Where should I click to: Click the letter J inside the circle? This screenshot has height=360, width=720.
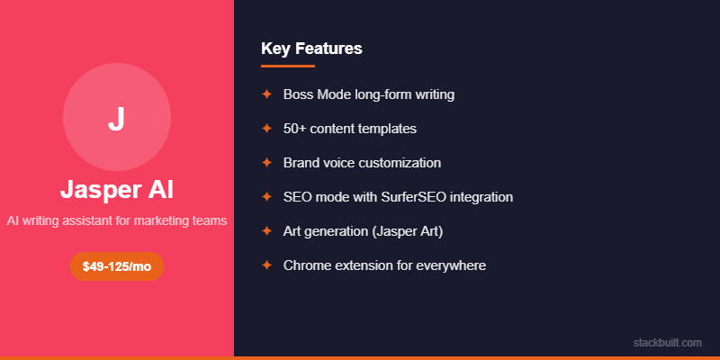116,120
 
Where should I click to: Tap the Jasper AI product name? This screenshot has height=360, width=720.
117,190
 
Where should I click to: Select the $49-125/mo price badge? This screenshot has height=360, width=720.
117,266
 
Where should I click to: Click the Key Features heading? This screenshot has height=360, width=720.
311,49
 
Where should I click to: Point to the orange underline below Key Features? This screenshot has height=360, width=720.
288,66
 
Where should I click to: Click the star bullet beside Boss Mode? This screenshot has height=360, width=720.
266,94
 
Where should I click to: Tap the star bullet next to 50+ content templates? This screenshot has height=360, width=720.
266,129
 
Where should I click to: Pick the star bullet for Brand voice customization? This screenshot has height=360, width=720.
266,163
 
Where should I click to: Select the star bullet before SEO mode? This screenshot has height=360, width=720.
266,197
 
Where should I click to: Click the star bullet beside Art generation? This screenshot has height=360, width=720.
266,231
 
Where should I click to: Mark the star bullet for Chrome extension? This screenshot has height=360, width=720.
266,265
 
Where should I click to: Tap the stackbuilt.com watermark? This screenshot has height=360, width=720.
667,343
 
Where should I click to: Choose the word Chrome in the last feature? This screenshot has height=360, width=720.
305,265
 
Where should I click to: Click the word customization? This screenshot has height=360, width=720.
400,163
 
